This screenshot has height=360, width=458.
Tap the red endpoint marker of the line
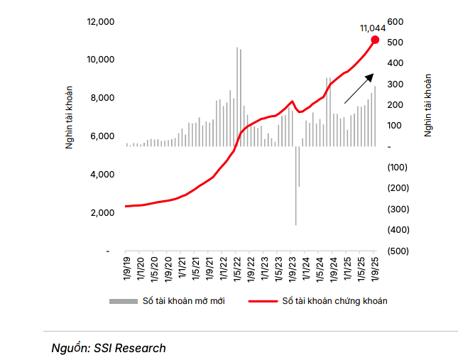tap(375, 40)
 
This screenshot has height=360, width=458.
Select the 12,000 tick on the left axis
tap(101, 21)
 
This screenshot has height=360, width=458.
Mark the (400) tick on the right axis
tap(397, 229)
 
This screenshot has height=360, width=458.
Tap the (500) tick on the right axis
tap(397, 251)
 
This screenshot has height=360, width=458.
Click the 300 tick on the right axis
tap(395, 84)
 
